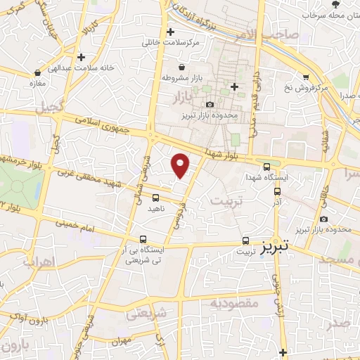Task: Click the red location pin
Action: point(181,166)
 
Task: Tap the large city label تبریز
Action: point(276,248)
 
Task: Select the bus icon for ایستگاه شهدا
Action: point(266,167)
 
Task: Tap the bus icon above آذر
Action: point(276,190)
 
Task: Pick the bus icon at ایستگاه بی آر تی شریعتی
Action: point(143,239)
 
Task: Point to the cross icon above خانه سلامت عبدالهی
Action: point(82,56)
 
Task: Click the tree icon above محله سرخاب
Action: point(334,4)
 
